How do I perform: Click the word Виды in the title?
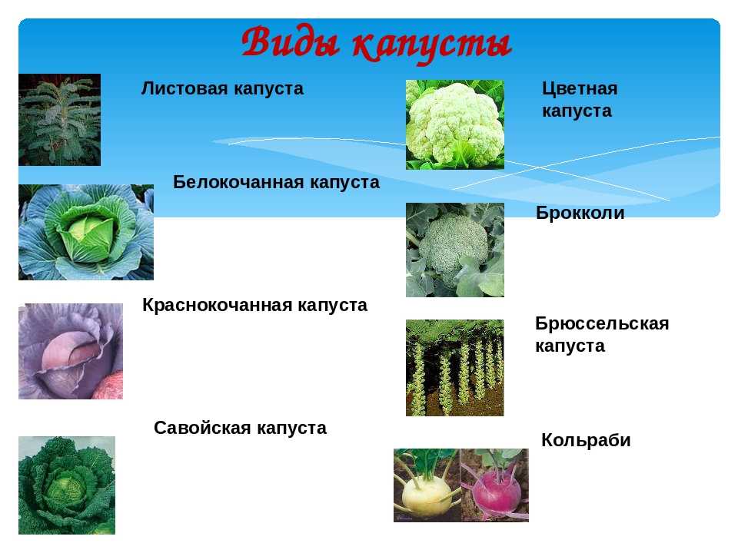click(291, 42)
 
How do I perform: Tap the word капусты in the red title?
click(432, 46)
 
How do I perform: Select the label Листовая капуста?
click(222, 88)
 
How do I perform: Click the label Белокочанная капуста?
click(276, 182)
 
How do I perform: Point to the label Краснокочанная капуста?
click(254, 305)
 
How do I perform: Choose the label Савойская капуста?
click(240, 428)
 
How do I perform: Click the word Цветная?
click(580, 88)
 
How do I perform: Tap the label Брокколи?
click(580, 213)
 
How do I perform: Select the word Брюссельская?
click(602, 323)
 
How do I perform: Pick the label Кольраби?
click(586, 440)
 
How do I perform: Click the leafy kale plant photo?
click(59, 120)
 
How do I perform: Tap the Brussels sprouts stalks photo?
click(454, 368)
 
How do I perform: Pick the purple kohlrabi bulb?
click(497, 493)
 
